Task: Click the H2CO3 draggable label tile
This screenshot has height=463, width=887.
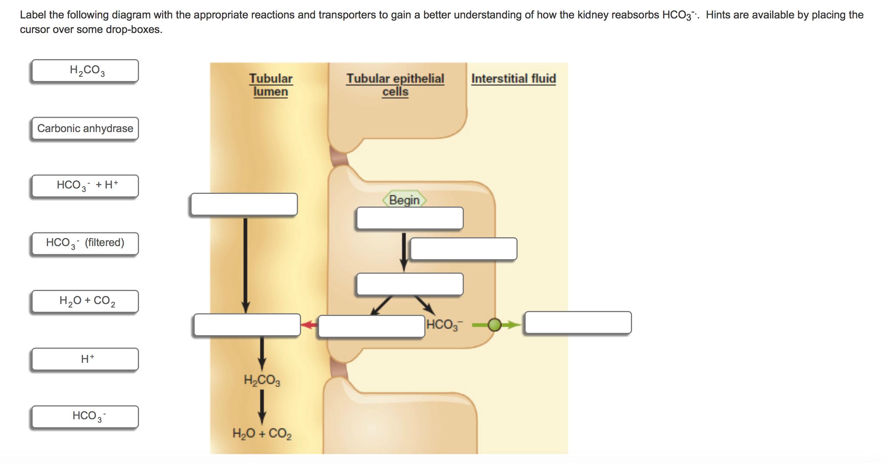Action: point(85,71)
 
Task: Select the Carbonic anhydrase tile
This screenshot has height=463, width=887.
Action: point(85,128)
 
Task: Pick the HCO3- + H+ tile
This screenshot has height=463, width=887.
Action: point(85,186)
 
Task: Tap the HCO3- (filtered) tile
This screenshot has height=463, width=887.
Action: point(85,243)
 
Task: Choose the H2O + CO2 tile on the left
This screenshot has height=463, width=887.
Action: point(85,301)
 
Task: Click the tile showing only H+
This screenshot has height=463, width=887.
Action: point(85,359)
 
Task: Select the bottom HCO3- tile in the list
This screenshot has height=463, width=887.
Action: point(85,417)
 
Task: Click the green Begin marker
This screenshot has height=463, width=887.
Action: point(404,200)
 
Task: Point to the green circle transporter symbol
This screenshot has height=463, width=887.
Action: point(495,325)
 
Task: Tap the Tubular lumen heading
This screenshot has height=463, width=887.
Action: point(271,85)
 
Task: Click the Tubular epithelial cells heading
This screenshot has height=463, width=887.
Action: point(395,85)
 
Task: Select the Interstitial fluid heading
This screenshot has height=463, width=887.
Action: point(513,78)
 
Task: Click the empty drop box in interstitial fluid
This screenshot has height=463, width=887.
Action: point(578,322)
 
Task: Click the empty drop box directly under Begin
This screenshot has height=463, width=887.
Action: point(410,218)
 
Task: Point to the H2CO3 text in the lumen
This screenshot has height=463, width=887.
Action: point(262,380)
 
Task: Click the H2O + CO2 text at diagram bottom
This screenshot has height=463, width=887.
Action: point(262,433)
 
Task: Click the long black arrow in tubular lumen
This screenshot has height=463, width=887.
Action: point(245,265)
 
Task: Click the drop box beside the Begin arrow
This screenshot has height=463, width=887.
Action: point(463,249)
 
